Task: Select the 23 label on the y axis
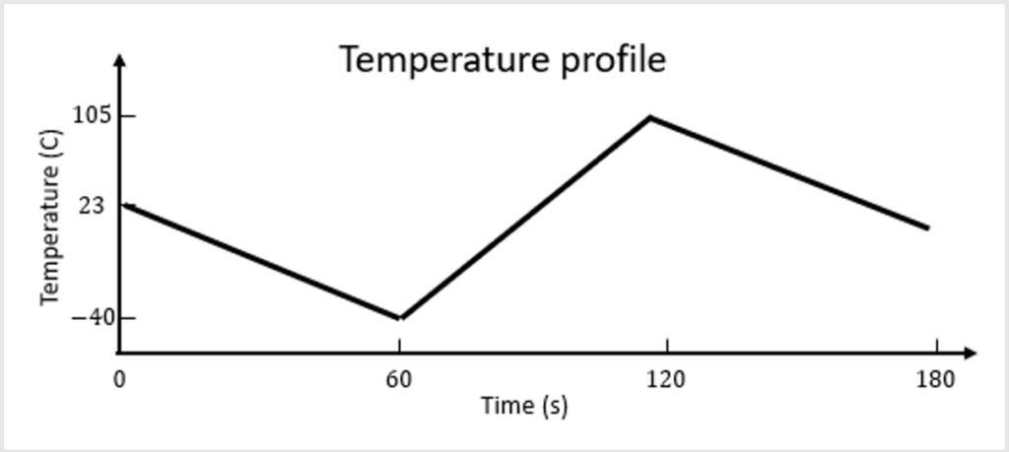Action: coord(95,206)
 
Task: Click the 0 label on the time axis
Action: coord(119,380)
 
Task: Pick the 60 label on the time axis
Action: coord(399,380)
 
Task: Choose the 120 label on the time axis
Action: coord(666,380)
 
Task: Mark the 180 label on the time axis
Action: coord(935,380)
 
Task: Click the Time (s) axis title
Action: coord(524,405)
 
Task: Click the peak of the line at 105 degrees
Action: coord(650,117)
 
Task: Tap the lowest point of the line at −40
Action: coord(399,318)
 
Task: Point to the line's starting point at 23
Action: coord(122,204)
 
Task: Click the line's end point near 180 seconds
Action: coord(927,227)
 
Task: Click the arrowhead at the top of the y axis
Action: coord(119,60)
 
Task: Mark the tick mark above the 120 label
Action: coord(667,346)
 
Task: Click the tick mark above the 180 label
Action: coord(936,346)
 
